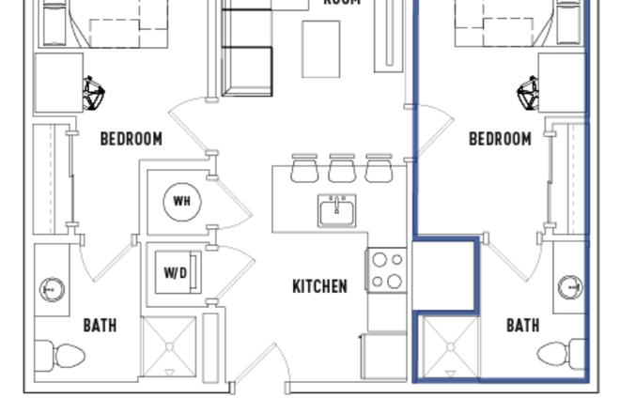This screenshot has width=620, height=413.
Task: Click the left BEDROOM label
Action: click(131, 139)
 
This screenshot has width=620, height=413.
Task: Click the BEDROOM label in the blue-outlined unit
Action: click(500, 139)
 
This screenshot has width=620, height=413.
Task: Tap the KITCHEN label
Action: click(319, 286)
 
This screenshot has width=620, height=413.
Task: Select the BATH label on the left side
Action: click(101, 326)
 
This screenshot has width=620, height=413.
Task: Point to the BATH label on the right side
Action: click(523, 326)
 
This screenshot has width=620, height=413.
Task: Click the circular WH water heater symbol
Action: click(181, 200)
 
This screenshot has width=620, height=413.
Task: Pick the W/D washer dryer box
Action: click(176, 273)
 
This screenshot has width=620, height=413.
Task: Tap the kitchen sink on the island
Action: click(336, 211)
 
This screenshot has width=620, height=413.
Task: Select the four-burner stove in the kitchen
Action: click(386, 269)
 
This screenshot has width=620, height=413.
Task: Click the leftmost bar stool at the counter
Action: click(304, 168)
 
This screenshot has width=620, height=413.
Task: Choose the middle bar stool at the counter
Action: click(342, 168)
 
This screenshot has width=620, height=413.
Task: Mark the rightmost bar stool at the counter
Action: click(379, 168)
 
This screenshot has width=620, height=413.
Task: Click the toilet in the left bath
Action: click(62, 355)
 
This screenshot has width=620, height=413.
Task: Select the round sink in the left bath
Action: click(53, 288)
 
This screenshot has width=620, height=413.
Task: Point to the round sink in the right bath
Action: click(569, 286)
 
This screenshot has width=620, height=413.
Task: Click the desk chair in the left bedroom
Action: click(94, 93)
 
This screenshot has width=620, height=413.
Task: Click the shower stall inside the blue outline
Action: click(447, 348)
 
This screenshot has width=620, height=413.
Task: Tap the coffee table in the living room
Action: click(320, 49)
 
